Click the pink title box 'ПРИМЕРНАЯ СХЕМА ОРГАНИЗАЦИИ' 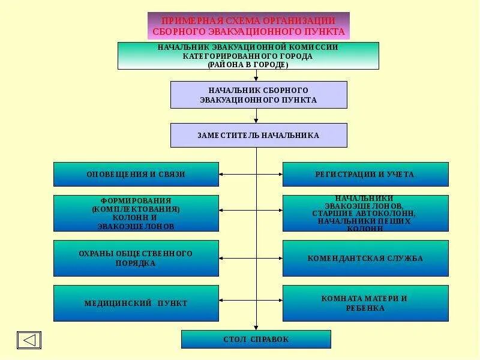point(248,26)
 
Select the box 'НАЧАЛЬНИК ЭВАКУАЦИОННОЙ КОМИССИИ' point(248,55)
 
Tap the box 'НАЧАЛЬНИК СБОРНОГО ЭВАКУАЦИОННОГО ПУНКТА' point(259,95)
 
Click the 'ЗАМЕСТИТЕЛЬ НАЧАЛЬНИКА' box point(259,135)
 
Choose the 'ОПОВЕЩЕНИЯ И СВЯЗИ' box point(136,174)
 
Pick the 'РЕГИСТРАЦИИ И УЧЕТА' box point(365,174)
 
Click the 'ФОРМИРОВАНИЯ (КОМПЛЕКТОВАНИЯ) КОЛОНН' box point(136,213)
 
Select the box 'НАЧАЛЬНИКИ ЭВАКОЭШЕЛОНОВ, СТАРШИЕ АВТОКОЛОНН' point(365,213)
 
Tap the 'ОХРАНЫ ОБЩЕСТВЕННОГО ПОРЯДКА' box point(136,258)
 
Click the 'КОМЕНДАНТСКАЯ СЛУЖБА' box point(365,258)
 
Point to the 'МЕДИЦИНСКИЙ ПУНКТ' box point(136,303)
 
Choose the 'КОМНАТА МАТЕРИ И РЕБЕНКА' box point(365,303)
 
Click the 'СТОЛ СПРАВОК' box point(256,339)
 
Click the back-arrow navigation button point(29,340)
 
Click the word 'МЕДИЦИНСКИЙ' point(118,304)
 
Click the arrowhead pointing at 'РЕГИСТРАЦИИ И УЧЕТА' point(280,174)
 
